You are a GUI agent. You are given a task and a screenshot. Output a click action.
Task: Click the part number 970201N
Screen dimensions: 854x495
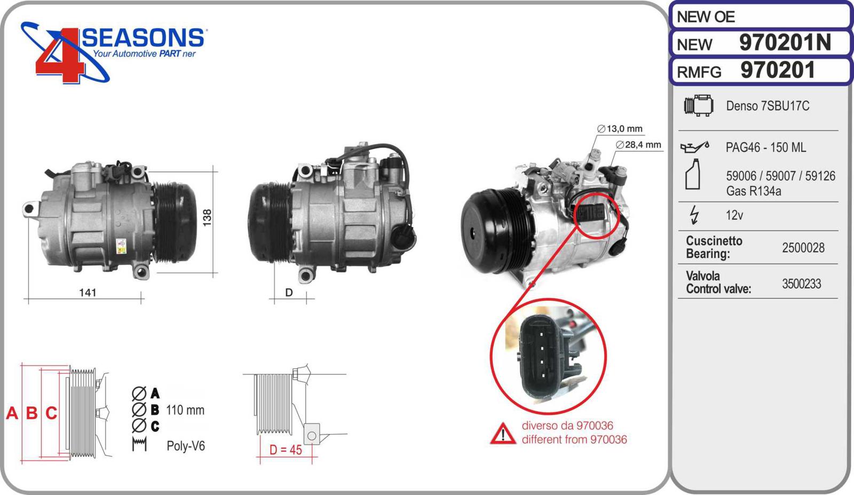(785, 42)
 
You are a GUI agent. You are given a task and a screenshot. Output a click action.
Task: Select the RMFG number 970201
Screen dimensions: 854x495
(778, 70)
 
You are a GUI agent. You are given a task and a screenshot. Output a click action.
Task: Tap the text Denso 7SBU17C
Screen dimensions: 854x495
(768, 106)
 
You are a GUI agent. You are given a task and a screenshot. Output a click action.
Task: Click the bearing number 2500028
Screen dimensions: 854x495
(803, 248)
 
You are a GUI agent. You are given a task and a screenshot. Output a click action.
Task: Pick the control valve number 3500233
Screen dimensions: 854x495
(801, 284)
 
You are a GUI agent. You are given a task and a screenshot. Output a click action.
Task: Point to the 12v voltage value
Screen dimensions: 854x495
(734, 215)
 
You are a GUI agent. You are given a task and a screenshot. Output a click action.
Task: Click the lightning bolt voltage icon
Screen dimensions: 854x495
(694, 215)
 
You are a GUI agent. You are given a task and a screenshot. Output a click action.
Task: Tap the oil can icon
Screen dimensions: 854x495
(694, 147)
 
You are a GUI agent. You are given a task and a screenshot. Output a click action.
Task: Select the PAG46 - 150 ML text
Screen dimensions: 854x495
(766, 147)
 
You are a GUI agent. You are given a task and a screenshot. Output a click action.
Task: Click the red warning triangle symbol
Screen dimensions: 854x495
(503, 434)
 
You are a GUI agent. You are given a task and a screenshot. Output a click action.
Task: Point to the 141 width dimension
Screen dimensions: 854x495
(88, 293)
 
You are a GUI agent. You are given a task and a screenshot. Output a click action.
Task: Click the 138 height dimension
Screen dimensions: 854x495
(207, 218)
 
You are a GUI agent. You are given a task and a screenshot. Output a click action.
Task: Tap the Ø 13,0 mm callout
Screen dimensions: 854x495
(620, 129)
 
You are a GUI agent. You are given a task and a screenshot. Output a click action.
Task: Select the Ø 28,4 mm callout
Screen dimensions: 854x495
(638, 145)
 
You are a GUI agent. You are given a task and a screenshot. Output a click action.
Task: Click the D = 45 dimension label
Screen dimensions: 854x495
(286, 450)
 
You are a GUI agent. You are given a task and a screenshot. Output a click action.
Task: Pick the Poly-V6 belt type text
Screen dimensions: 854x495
(186, 446)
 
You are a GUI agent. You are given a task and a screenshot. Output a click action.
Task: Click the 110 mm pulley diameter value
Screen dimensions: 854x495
(185, 410)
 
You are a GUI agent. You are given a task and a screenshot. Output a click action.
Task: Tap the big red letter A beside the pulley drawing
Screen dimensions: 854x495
(12, 413)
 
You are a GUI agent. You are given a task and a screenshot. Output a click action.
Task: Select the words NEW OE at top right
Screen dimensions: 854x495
(706, 17)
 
